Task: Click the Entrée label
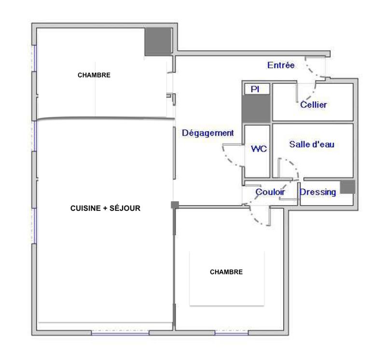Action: pyautogui.click(x=281, y=65)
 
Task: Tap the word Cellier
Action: pyautogui.click(x=313, y=105)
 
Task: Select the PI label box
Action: pyautogui.click(x=256, y=89)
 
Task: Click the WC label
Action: pyautogui.click(x=259, y=149)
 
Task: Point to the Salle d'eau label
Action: pyautogui.click(x=312, y=144)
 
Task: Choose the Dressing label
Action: pyautogui.click(x=318, y=192)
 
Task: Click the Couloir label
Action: pyautogui.click(x=270, y=192)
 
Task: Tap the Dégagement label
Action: pyautogui.click(x=207, y=133)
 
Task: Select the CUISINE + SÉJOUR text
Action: pyautogui.click(x=105, y=208)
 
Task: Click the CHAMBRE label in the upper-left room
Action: pyautogui.click(x=94, y=75)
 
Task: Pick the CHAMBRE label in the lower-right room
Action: pyautogui.click(x=226, y=272)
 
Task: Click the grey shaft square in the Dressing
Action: pyautogui.click(x=347, y=187)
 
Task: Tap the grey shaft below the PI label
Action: pyautogui.click(x=256, y=108)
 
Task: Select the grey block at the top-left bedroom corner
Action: pyautogui.click(x=158, y=41)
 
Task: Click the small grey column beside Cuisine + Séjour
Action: pyautogui.click(x=175, y=205)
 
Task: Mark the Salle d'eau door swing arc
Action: pyautogui.click(x=292, y=166)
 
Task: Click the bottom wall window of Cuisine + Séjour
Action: pyautogui.click(x=120, y=332)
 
